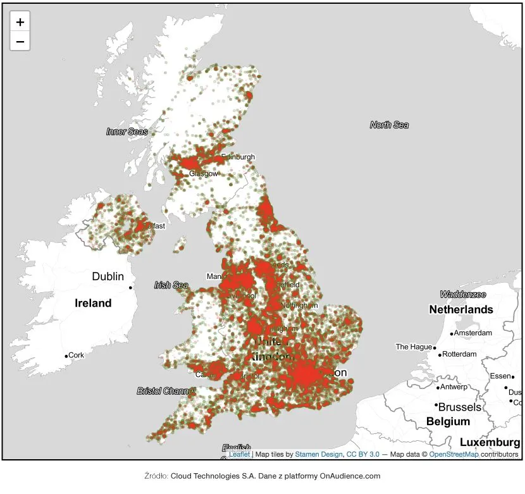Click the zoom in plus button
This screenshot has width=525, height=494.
(x=20, y=22)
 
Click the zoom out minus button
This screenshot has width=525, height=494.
(x=20, y=42)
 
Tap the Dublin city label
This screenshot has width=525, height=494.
(x=108, y=276)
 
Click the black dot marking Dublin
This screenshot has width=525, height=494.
(x=131, y=288)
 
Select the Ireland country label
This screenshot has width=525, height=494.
(x=93, y=303)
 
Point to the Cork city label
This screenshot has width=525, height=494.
(x=77, y=355)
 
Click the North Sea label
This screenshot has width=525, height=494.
(x=389, y=125)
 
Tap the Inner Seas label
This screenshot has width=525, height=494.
(x=127, y=132)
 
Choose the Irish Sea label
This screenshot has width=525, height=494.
(x=171, y=285)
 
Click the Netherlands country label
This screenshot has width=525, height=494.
(x=460, y=309)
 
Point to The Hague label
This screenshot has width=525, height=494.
(x=413, y=347)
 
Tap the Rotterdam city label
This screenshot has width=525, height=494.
(x=460, y=354)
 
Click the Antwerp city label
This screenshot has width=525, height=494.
(x=454, y=387)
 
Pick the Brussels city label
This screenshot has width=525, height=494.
(x=460, y=407)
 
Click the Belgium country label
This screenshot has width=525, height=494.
(x=448, y=421)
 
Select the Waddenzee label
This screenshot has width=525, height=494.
(x=463, y=295)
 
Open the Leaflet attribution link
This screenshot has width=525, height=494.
(x=239, y=454)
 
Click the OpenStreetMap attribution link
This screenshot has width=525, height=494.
(x=454, y=454)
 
